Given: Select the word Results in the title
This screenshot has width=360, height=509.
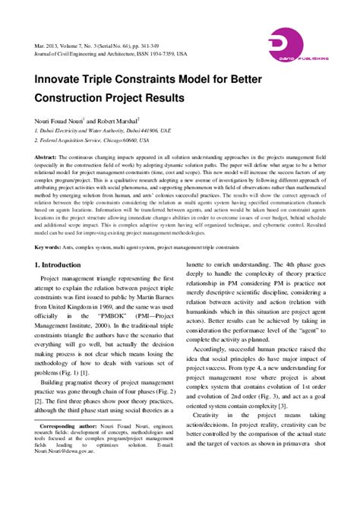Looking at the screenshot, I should pos(187,98).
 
